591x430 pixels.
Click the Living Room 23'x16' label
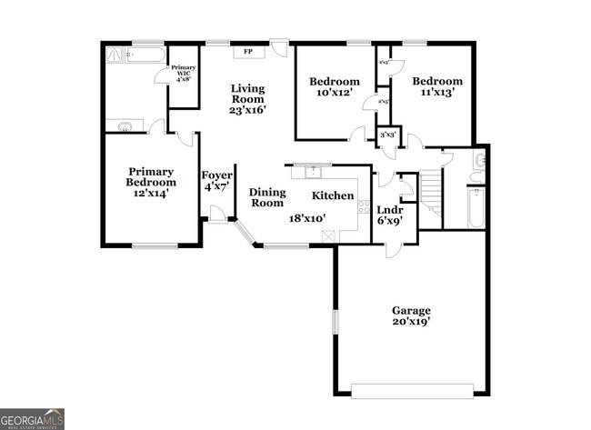(247, 99)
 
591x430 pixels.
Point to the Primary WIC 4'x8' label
(184, 73)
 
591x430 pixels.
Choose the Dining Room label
(267, 197)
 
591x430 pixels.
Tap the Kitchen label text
(333, 195)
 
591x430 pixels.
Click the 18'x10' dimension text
(307, 218)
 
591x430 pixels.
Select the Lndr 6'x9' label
(390, 215)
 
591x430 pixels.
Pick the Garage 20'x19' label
(411, 315)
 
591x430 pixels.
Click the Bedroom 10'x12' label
(335, 86)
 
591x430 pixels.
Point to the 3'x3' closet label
(388, 135)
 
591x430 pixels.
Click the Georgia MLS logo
(32, 419)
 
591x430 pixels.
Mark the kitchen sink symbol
(314, 171)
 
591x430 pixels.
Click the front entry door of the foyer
(217, 214)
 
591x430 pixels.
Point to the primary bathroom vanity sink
(124, 126)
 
